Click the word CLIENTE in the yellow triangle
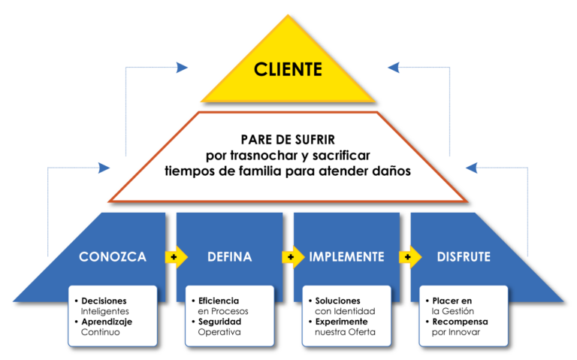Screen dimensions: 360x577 (288, 71)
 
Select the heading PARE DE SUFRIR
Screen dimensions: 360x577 (288, 140)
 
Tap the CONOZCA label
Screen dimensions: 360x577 (112, 257)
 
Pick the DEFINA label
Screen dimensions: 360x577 (229, 257)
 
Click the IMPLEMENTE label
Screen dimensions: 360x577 (347, 257)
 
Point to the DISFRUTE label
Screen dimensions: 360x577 (464, 257)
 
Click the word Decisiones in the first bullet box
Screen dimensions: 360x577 (105, 301)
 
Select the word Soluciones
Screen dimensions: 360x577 (337, 301)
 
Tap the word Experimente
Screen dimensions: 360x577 (343, 322)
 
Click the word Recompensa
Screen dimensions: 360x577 (460, 322)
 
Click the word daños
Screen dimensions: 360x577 (391, 171)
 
